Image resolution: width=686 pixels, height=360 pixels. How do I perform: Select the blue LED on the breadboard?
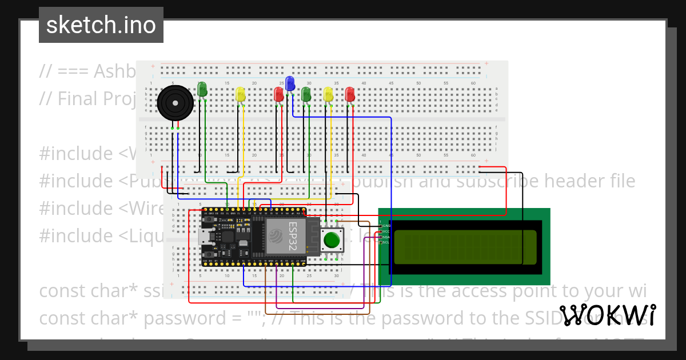[290, 83]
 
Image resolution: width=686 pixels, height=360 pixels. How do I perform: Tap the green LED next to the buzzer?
[202, 89]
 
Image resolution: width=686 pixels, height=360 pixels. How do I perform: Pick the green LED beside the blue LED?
[306, 94]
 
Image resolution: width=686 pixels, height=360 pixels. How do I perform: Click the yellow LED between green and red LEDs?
[241, 94]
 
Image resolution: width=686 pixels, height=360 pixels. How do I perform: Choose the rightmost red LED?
[350, 94]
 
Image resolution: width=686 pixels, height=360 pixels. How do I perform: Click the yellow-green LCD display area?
[465, 247]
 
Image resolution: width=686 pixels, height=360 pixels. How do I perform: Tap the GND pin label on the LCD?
[386, 226]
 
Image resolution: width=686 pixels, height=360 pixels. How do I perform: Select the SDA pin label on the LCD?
[386, 237]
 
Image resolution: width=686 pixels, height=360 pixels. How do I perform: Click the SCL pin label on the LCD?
[386, 242]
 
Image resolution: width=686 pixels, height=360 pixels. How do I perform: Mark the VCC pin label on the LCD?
[386, 231]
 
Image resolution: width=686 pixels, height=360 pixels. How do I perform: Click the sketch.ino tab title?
[101, 25]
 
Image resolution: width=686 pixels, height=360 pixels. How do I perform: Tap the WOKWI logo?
[607, 315]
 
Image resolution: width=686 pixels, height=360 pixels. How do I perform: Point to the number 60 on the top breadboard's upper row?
[473, 83]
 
